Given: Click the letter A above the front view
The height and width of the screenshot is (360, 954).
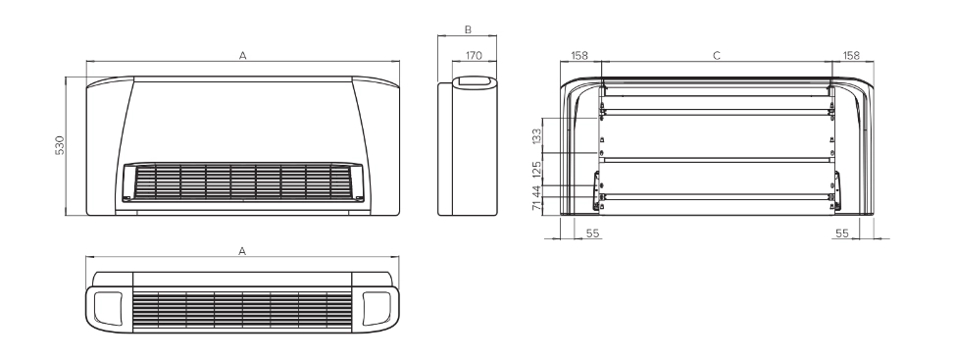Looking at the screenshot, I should click(242, 57).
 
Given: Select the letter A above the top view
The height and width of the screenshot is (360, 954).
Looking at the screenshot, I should click(242, 251).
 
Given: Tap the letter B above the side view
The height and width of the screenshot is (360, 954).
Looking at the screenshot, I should click(468, 30).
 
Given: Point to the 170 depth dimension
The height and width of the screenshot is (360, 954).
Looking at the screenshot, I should click(474, 57).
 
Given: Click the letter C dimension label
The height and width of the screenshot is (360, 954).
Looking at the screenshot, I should click(717, 57).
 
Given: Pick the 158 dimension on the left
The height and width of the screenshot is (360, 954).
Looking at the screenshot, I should click(579, 57).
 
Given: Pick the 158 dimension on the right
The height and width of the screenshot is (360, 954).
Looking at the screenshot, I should click(851, 57).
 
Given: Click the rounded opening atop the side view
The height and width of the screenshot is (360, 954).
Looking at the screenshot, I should click(475, 83).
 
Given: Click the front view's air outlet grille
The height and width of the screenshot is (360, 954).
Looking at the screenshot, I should click(242, 183).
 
